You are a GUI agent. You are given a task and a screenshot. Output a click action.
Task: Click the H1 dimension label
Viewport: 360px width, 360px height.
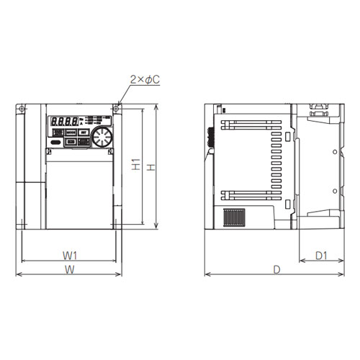click(135, 164)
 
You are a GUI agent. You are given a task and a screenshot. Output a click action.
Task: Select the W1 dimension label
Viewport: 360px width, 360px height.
click(70, 254)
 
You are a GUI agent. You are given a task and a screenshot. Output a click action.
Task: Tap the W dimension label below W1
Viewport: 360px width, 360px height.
click(70, 269)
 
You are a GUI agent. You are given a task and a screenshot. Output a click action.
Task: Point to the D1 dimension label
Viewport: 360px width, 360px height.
click(322, 255)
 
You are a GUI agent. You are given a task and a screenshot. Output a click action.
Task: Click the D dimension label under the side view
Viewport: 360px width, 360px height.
click(277, 269)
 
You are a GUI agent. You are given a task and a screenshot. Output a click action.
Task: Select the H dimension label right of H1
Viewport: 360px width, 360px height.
click(150, 167)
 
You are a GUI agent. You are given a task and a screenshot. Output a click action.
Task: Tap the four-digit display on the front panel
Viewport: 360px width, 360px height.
click(62, 122)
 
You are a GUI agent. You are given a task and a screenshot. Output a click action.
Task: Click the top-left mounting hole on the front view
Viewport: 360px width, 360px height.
click(22, 109)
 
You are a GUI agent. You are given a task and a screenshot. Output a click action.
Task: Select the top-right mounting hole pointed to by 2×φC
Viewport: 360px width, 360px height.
click(117, 109)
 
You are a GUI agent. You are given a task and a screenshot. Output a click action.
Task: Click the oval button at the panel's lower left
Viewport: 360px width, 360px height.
click(55, 143)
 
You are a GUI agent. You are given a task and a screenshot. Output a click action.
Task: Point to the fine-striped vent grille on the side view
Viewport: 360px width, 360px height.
click(233, 218)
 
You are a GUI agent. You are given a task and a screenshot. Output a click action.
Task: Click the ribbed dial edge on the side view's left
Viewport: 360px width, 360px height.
click(209, 137)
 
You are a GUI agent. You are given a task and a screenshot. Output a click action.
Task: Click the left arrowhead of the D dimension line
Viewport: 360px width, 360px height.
click(207, 274)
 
